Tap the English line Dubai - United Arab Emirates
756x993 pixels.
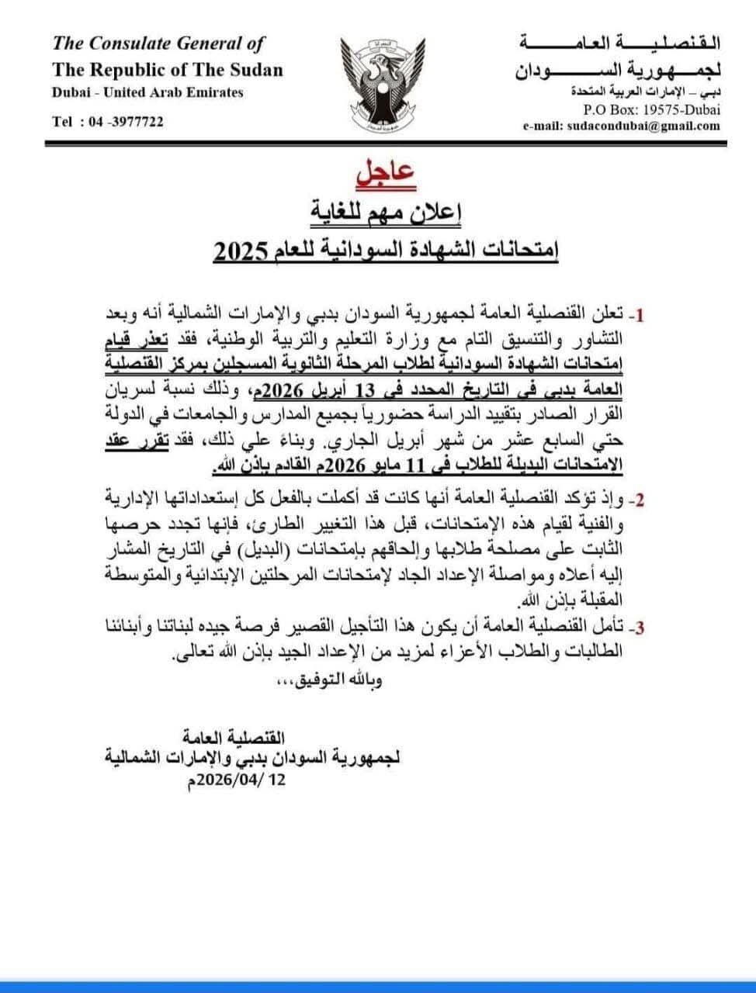point(147,92)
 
